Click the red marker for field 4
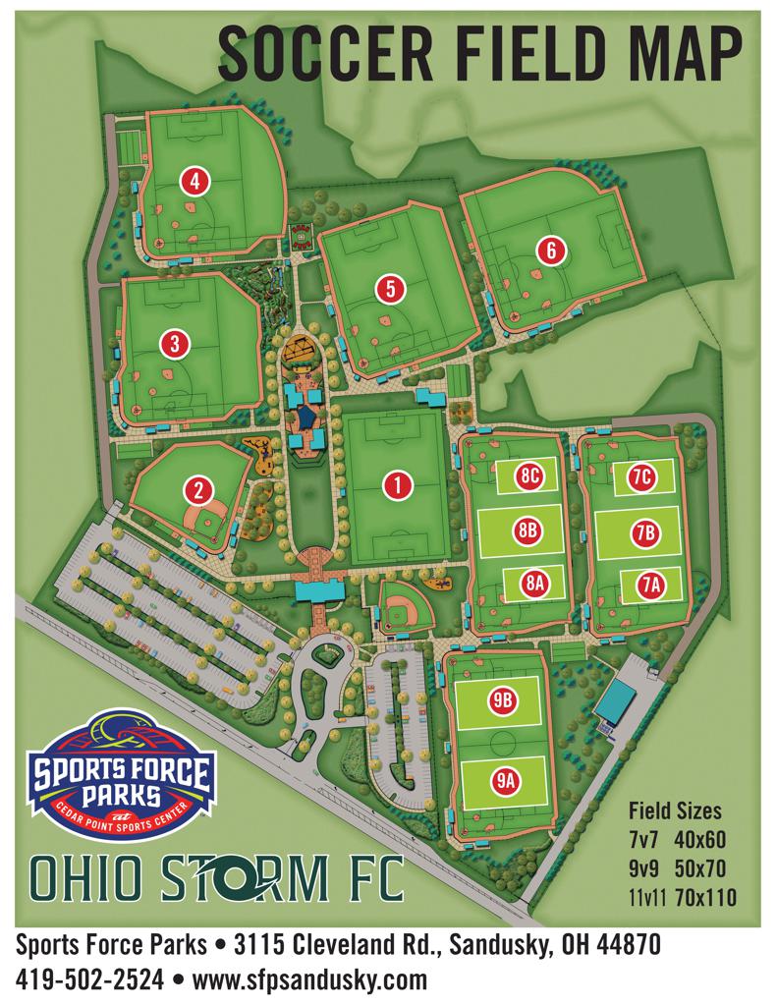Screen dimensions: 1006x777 [195, 181]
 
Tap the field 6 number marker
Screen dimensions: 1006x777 [552, 250]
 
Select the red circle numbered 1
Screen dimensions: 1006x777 [397, 483]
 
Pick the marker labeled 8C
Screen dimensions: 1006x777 [531, 476]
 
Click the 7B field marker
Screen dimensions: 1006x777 [644, 532]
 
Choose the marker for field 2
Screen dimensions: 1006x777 [197, 489]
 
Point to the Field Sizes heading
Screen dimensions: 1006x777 [674, 811]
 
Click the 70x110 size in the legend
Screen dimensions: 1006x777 [705, 896]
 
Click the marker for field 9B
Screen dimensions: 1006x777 [502, 700]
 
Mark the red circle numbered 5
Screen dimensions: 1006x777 [391, 288]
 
